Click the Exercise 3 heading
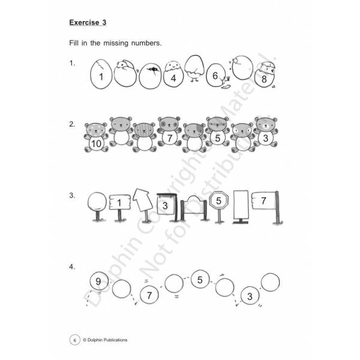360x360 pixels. pyautogui.click(x=88, y=23)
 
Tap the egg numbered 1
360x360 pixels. pyautogui.click(x=101, y=74)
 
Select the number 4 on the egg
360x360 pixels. pyautogui.click(x=173, y=78)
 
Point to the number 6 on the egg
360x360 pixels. pyautogui.click(x=215, y=76)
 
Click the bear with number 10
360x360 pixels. pyautogui.click(x=96, y=137)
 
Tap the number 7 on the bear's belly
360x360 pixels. pyautogui.click(x=170, y=138)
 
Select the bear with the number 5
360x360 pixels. pyautogui.click(x=217, y=131)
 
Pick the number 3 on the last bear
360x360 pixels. pyautogui.click(x=266, y=138)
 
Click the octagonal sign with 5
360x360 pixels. pyautogui.click(x=219, y=206)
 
